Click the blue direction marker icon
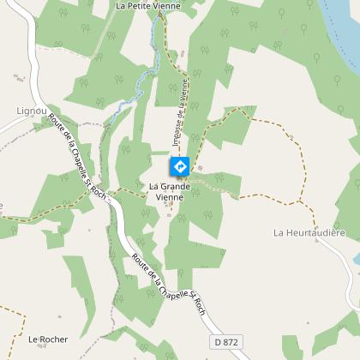(180, 165)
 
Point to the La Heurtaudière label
(309, 232)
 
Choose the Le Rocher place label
(48, 339)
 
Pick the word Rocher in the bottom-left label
(54, 339)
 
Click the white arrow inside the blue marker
(180, 165)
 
